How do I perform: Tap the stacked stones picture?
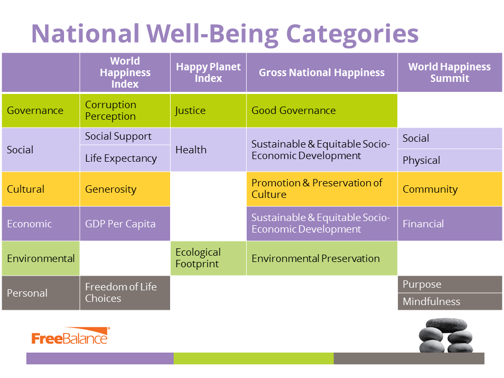click(446, 335)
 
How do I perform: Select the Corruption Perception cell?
click(125, 110)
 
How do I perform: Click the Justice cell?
click(208, 110)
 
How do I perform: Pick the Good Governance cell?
click(322, 110)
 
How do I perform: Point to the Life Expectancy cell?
click(125, 158)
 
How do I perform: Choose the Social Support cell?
click(125, 136)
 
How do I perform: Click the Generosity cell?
click(125, 189)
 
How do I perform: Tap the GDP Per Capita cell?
click(125, 224)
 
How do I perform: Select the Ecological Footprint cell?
click(208, 258)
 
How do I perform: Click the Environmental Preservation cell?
click(322, 258)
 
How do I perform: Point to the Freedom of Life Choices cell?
click(125, 293)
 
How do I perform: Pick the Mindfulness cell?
click(450, 301)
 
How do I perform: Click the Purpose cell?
click(450, 284)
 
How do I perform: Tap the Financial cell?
click(450, 224)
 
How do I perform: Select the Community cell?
click(450, 189)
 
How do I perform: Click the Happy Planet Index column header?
click(208, 72)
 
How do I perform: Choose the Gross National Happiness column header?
click(322, 72)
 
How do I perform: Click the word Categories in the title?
click(352, 34)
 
